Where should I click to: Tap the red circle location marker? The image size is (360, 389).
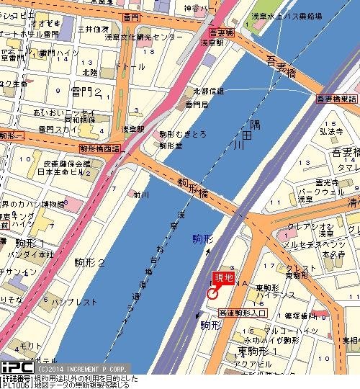point(212,293)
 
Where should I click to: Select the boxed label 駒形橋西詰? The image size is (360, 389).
point(100,148)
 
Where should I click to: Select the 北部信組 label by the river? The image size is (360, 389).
point(209,91)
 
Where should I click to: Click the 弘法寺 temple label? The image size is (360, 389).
point(333,132)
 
